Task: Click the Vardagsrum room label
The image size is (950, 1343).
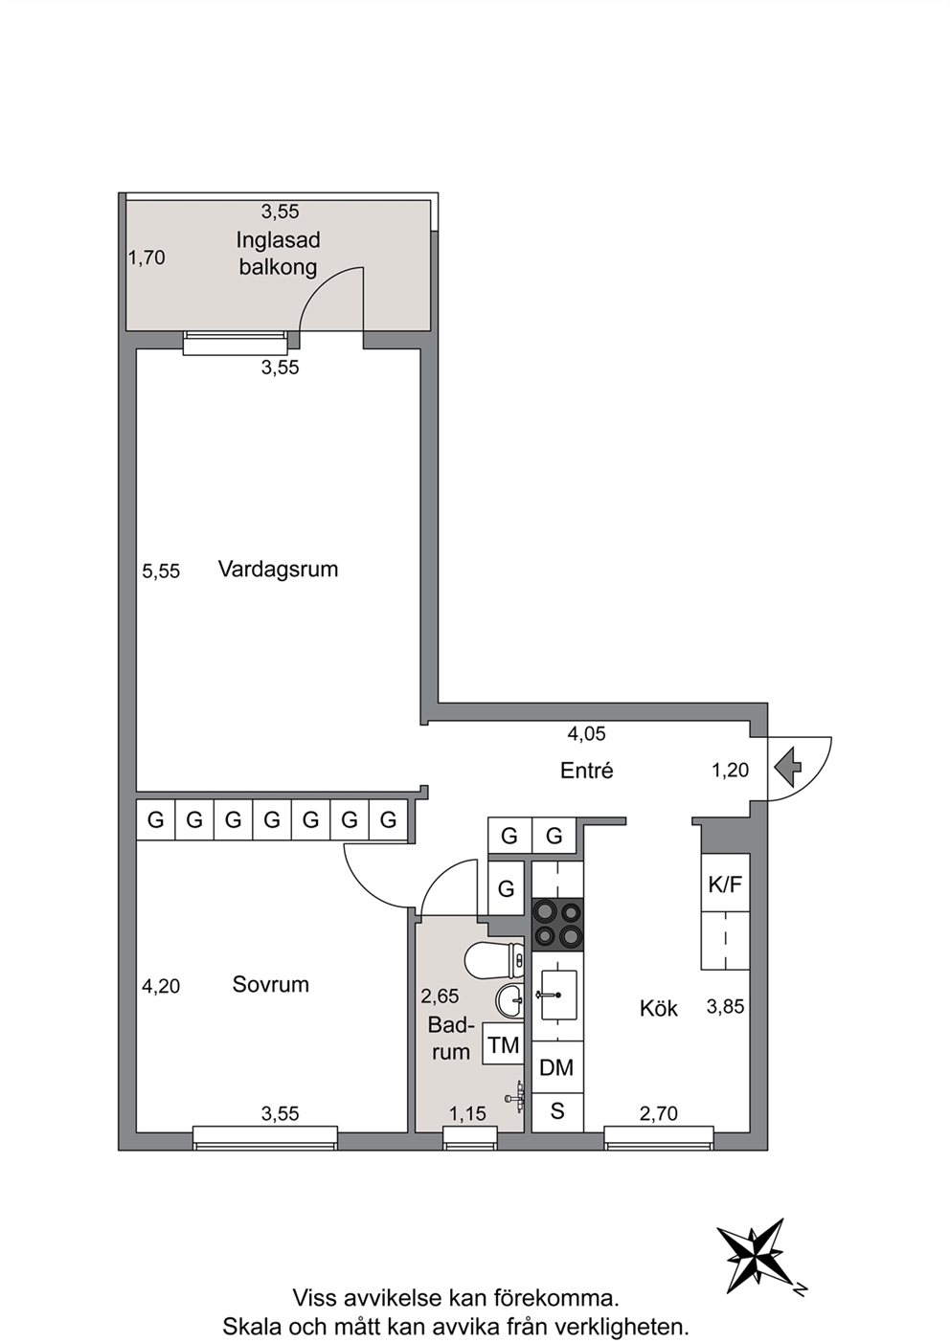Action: (279, 569)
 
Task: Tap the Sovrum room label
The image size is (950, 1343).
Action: (270, 984)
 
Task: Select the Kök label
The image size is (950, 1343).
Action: (658, 1009)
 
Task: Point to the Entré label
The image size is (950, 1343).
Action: (586, 771)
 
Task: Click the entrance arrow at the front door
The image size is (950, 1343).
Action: (788, 768)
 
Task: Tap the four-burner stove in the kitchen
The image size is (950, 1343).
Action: (557, 925)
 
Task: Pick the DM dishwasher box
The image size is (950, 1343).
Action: (557, 1067)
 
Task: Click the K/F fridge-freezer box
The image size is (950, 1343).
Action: (726, 883)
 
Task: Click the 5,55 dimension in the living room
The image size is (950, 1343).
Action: (161, 571)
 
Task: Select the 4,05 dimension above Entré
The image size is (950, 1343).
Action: (586, 734)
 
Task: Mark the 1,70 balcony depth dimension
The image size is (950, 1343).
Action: (147, 257)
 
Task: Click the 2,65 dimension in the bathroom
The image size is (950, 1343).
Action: (440, 996)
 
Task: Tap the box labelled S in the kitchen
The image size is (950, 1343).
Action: (557, 1111)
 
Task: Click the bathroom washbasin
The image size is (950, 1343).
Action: (509, 1000)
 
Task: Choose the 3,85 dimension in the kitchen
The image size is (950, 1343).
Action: (725, 1007)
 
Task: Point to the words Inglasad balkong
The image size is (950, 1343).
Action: (278, 253)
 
